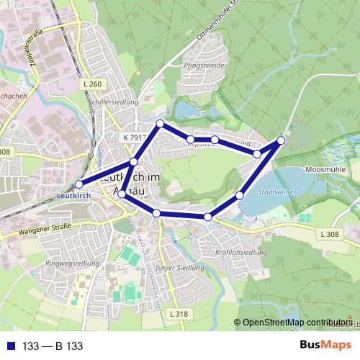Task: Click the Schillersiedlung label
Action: [x=112, y=103]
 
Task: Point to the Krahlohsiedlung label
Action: [x=241, y=253]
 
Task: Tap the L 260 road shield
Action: [x=93, y=84]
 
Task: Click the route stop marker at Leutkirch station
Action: [x=79, y=184]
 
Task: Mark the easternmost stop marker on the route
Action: [x=281, y=140]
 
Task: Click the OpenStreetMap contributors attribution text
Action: [x=297, y=322]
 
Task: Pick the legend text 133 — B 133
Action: [x=53, y=346]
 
